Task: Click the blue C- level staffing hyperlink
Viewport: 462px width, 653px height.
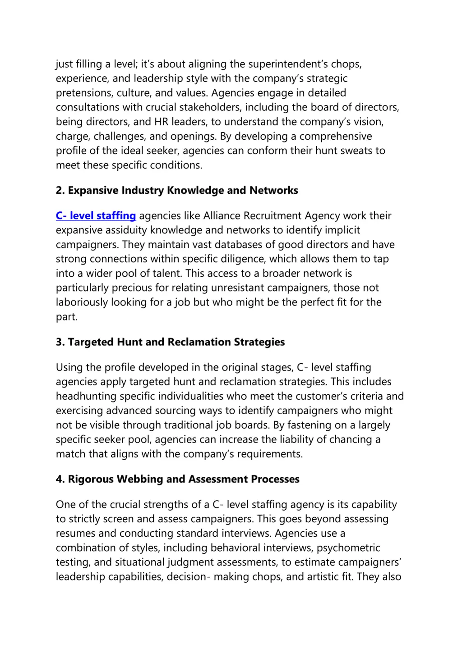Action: pyautogui.click(x=96, y=216)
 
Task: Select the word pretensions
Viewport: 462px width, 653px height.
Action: pyautogui.click(x=84, y=93)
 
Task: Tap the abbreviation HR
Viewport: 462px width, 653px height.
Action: pyautogui.click(x=161, y=122)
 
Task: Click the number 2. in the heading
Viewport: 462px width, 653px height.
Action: pyautogui.click(x=60, y=191)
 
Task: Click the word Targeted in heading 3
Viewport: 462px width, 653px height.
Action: pyautogui.click(x=91, y=342)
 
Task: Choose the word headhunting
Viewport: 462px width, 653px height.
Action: pyautogui.click(x=86, y=396)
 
